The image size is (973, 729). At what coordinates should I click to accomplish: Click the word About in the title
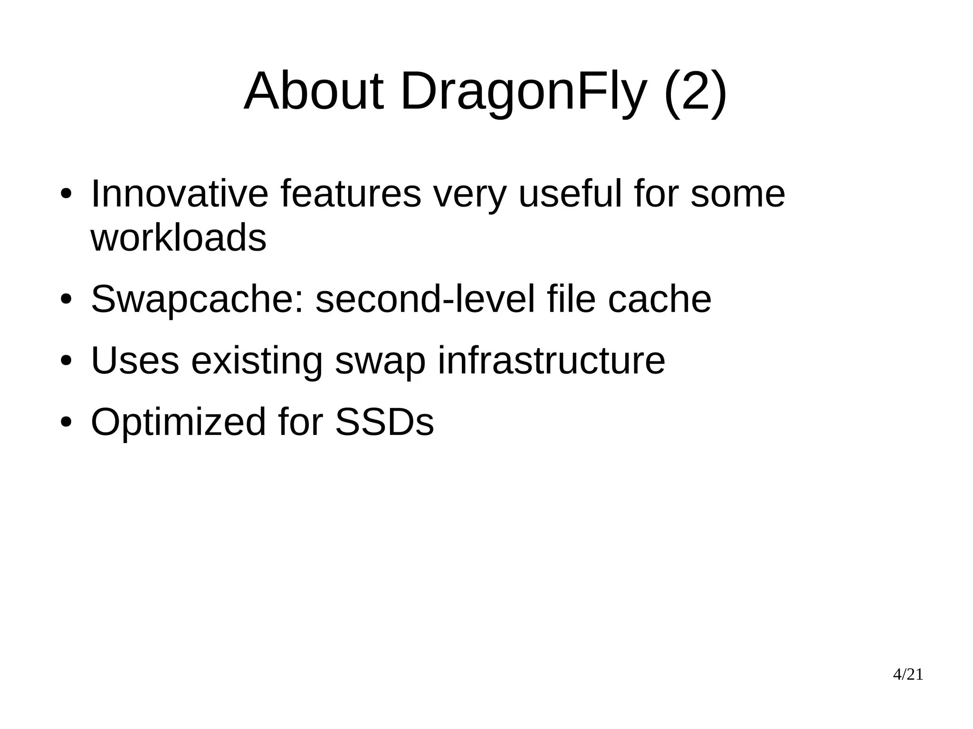coord(313,91)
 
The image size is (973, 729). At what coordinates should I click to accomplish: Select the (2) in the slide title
coord(695,92)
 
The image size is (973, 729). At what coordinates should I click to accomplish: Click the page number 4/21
coord(908,674)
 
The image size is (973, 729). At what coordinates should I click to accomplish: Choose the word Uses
coord(135,360)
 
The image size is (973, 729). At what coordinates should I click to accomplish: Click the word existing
coord(257,361)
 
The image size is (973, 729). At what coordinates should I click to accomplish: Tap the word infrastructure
coord(551,360)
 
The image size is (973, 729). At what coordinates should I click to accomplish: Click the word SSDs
coord(384,422)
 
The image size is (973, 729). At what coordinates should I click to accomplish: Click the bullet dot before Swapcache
coord(66,300)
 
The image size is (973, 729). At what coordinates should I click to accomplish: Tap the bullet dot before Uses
coord(66,361)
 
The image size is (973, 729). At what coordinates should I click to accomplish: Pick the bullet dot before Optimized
coord(66,423)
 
